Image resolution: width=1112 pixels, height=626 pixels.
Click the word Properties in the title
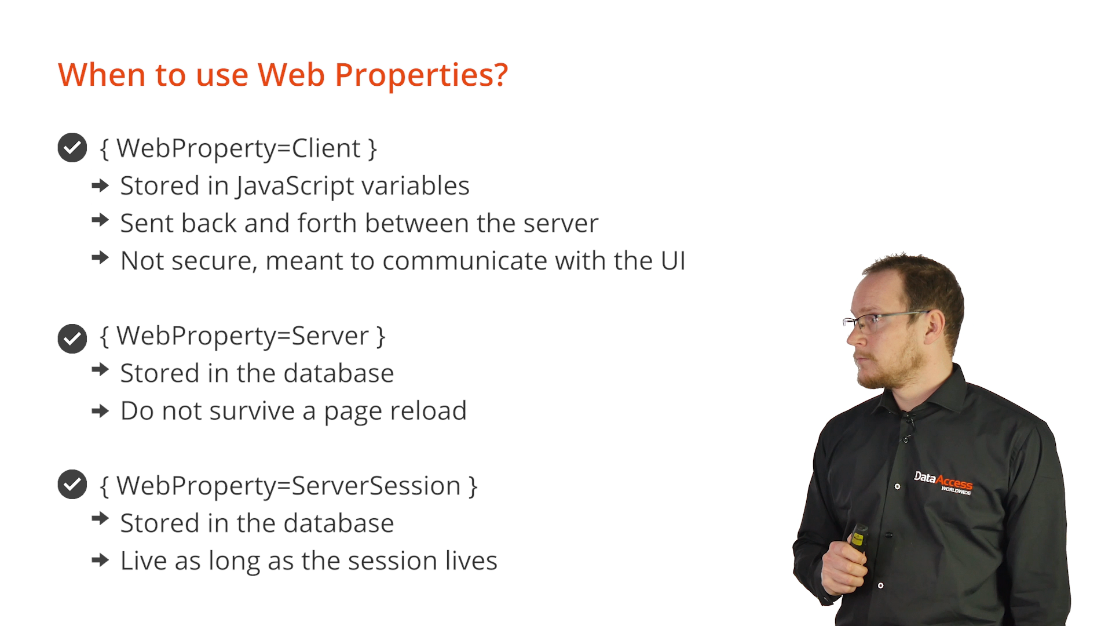(421, 75)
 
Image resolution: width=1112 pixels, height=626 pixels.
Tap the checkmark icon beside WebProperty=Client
(72, 148)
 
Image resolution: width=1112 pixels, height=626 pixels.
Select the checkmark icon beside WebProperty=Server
(72, 339)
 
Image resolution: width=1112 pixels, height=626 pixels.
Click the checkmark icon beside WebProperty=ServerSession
(72, 485)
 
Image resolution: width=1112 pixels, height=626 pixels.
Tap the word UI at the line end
(673, 261)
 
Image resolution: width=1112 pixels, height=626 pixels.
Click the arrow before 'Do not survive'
(100, 412)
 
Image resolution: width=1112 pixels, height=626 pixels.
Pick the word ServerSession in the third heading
(375, 486)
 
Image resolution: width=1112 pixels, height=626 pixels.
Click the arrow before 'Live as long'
(100, 560)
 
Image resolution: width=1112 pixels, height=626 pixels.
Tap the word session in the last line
(392, 561)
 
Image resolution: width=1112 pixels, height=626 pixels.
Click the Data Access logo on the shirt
(943, 482)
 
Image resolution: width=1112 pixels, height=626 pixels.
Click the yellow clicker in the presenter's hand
(858, 538)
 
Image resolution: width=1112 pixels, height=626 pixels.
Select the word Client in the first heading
(326, 148)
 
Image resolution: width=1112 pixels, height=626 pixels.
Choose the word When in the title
(101, 75)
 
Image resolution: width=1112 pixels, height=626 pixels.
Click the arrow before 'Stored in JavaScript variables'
(100, 185)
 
